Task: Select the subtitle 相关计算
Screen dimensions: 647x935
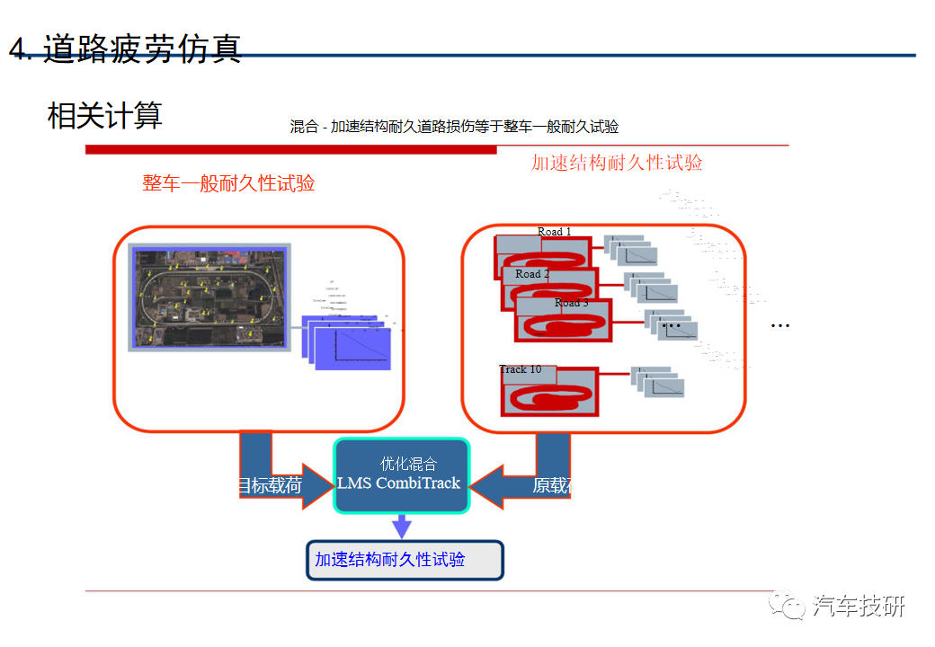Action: click(104, 115)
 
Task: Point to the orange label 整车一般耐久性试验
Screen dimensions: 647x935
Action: click(228, 183)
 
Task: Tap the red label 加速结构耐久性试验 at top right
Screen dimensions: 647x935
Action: click(617, 163)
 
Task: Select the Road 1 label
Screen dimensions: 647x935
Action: click(554, 232)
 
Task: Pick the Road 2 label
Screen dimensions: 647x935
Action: click(532, 274)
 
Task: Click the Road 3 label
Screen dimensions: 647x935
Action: click(571, 303)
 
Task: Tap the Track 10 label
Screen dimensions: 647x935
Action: click(521, 369)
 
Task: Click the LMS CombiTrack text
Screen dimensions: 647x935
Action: click(398, 483)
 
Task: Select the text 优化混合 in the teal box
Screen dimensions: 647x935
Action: click(408, 464)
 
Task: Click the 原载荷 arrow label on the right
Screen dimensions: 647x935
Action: click(551, 486)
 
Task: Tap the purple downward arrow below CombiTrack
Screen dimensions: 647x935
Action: click(402, 526)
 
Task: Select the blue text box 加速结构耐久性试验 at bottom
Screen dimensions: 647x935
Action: click(405, 560)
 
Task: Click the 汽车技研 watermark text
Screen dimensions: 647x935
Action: click(858, 607)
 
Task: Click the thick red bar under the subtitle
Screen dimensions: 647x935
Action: click(290, 149)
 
